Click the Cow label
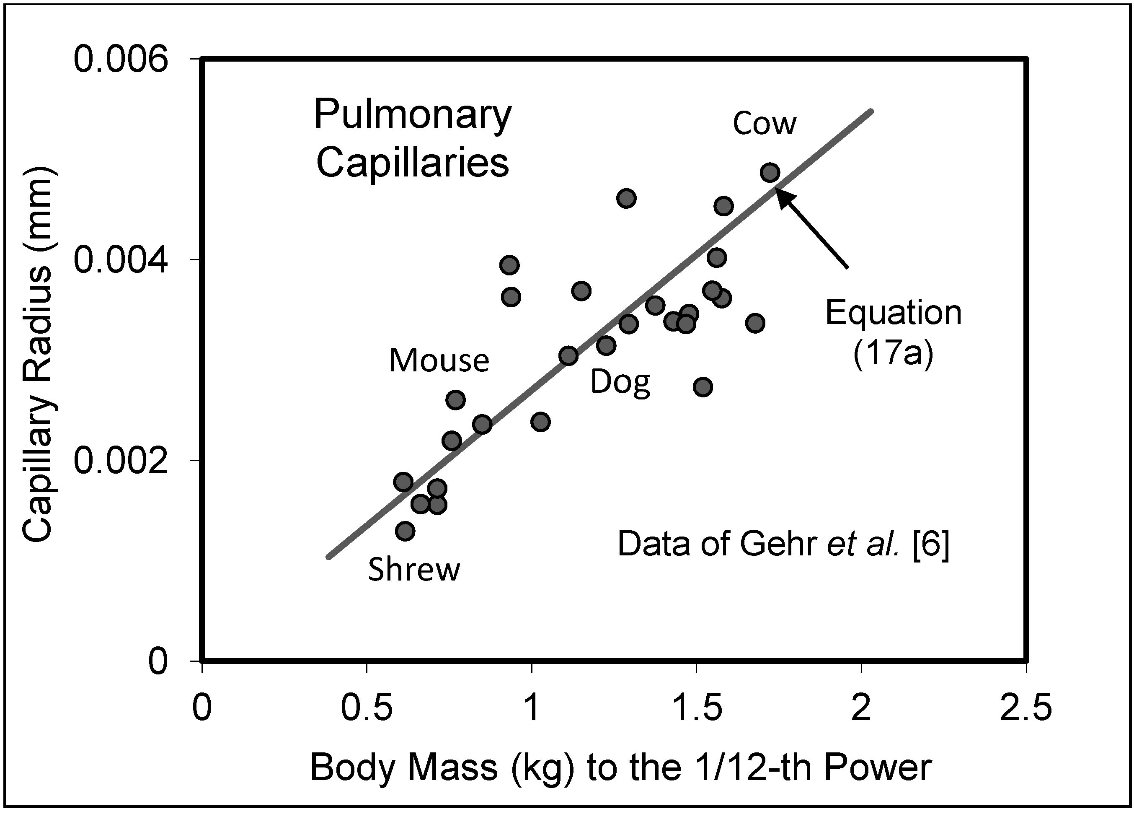(x=765, y=124)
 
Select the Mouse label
(x=439, y=361)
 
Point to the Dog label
(x=620, y=383)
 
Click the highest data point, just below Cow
(x=770, y=173)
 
